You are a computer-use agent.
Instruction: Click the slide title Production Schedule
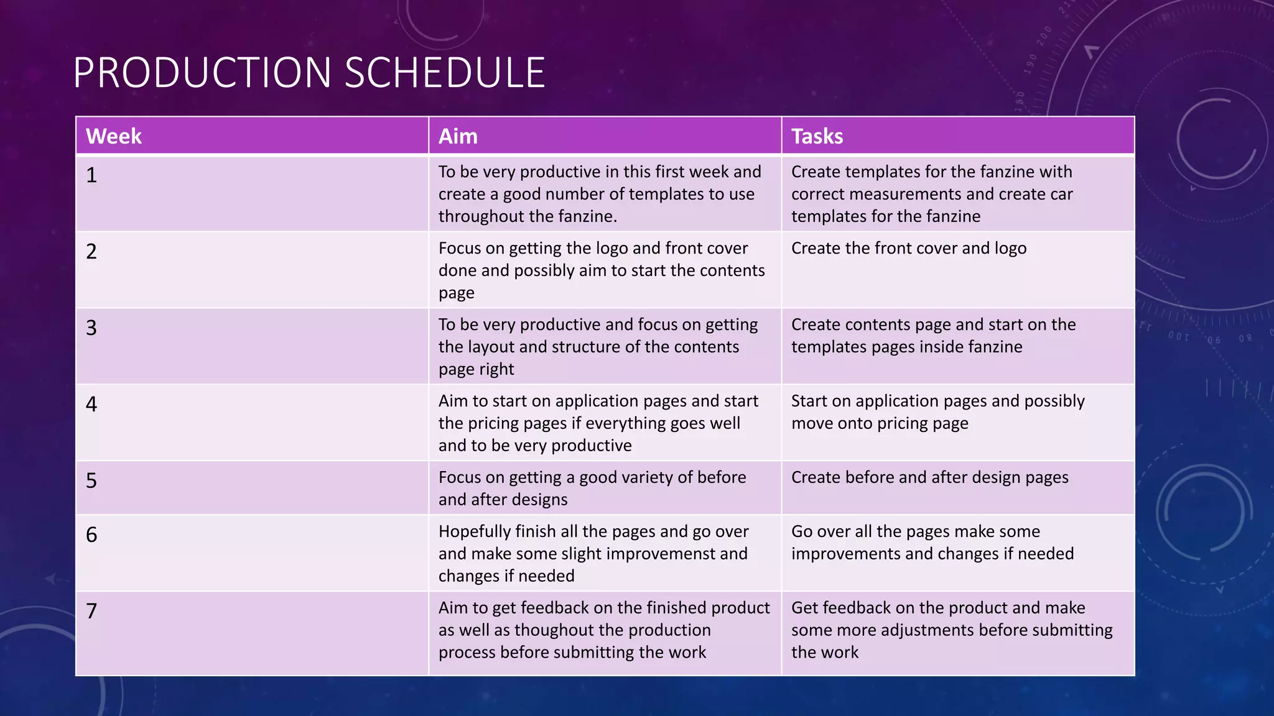coord(309,73)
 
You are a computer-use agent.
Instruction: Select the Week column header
coord(114,136)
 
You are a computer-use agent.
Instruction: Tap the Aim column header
coord(458,136)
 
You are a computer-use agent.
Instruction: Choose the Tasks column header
coord(817,136)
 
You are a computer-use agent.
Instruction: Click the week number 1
coord(91,175)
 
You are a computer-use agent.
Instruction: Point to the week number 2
coord(91,252)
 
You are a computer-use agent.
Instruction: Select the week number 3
coord(91,328)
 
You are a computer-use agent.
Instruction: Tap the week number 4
coord(91,405)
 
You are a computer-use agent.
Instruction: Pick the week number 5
coord(91,481)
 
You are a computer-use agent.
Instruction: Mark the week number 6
coord(91,535)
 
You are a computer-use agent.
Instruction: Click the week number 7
coord(91,612)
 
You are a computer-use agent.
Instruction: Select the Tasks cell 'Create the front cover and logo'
coord(909,248)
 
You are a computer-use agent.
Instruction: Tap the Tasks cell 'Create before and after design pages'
coord(929,477)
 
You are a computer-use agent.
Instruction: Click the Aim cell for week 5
coord(592,488)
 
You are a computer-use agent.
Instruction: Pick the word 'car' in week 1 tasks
coord(1061,194)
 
